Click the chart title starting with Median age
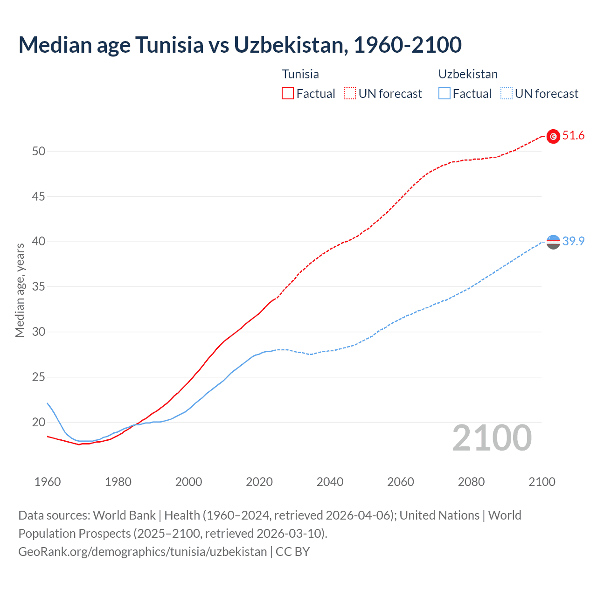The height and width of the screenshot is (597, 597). click(x=240, y=45)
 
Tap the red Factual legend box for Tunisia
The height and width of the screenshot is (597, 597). click(x=288, y=94)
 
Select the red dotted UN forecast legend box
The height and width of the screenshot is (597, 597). click(x=350, y=94)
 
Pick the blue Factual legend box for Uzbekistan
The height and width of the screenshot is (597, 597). click(x=444, y=94)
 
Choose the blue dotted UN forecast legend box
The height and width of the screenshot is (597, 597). click(x=506, y=94)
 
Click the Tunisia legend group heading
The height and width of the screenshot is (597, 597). click(x=300, y=74)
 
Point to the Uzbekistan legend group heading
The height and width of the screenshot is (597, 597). click(x=468, y=74)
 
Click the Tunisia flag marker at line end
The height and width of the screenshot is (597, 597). click(x=553, y=136)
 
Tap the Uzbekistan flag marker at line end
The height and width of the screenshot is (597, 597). click(x=553, y=242)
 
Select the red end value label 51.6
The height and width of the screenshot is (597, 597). click(x=573, y=136)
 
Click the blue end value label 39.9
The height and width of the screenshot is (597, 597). click(x=573, y=241)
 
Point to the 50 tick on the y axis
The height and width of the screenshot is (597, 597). click(x=39, y=151)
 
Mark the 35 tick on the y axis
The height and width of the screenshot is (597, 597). click(x=39, y=286)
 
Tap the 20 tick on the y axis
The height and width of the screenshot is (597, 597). click(x=39, y=422)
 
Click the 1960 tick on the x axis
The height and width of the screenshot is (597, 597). click(x=48, y=482)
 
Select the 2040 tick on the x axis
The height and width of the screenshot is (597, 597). click(x=330, y=482)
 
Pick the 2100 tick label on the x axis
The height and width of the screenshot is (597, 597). click(x=541, y=482)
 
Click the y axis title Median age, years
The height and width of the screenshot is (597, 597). click(x=20, y=290)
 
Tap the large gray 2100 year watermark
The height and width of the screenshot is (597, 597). click(x=492, y=438)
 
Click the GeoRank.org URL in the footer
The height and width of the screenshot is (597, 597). click(x=142, y=552)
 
